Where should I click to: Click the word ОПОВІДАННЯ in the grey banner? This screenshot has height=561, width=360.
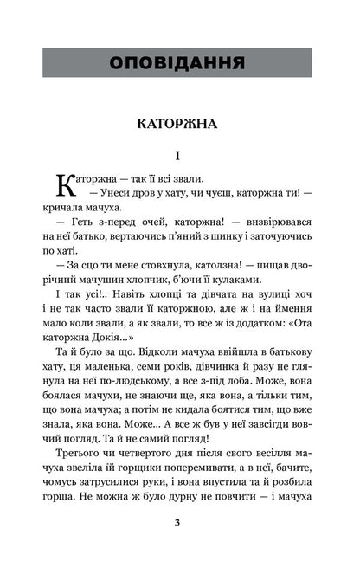click(x=179, y=63)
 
